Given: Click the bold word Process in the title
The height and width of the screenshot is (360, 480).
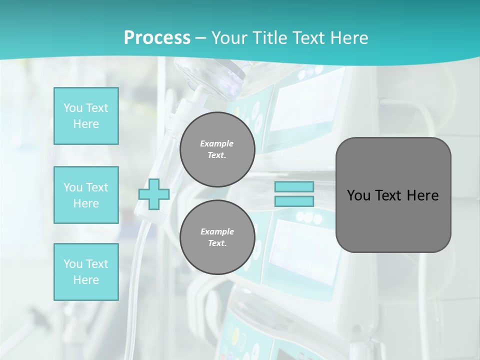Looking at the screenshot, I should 157,38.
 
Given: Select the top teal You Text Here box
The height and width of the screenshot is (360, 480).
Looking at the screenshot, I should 86,116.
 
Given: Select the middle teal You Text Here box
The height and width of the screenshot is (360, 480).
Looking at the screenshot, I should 86,195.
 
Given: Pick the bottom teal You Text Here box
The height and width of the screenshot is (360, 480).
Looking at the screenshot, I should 86,271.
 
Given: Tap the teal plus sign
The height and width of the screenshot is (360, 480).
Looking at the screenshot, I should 154,194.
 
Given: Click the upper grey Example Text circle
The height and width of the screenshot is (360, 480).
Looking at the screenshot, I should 217,149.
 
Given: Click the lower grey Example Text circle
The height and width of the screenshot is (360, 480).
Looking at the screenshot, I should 217,237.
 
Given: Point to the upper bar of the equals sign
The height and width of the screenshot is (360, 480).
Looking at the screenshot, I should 294,187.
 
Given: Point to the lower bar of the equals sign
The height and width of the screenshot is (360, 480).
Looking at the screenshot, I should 294,201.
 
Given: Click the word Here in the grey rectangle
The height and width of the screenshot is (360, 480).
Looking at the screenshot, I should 422,195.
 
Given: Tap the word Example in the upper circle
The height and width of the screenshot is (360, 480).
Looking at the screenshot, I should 217,143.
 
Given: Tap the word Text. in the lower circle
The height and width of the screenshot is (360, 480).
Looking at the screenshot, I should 217,243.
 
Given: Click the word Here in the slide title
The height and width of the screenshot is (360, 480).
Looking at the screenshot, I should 349,38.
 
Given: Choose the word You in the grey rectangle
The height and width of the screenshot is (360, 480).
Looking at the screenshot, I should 358,195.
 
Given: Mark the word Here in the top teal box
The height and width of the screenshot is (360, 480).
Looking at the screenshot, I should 86,124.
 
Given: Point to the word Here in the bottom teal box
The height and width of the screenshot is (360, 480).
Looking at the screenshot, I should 86,280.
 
